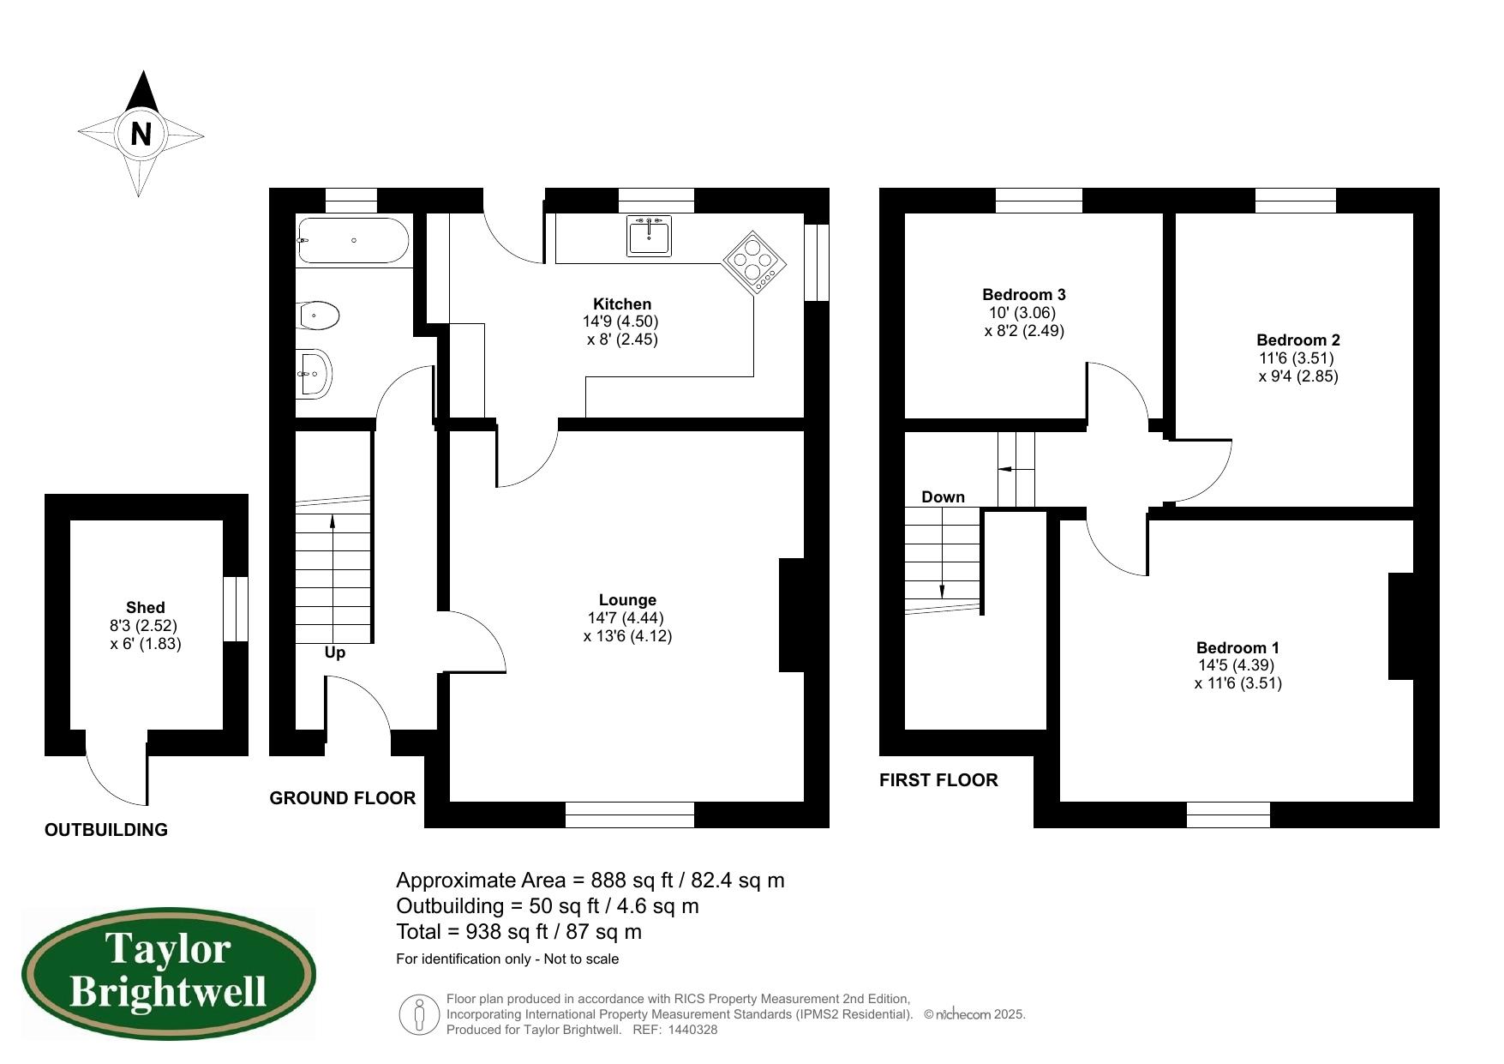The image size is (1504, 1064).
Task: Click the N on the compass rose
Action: [141, 134]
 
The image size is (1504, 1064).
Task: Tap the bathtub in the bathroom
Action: [353, 241]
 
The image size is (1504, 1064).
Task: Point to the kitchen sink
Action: [649, 236]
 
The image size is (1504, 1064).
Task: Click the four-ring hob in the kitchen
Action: [754, 261]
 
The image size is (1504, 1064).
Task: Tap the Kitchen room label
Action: [622, 304]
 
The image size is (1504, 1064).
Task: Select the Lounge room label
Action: [627, 600]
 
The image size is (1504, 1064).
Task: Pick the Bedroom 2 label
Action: [1297, 340]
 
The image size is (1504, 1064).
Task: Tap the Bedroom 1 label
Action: [1237, 647]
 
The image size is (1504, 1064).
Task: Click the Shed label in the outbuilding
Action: [145, 607]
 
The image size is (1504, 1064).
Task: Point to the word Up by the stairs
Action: [335, 652]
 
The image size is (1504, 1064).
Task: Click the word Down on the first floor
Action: [943, 496]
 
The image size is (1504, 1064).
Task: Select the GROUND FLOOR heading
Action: [342, 798]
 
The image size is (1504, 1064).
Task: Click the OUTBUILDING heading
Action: [106, 830]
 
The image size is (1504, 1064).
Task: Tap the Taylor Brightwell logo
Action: [168, 972]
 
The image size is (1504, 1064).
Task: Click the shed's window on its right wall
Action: [236, 609]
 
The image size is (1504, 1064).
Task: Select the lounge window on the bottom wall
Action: [629, 815]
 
